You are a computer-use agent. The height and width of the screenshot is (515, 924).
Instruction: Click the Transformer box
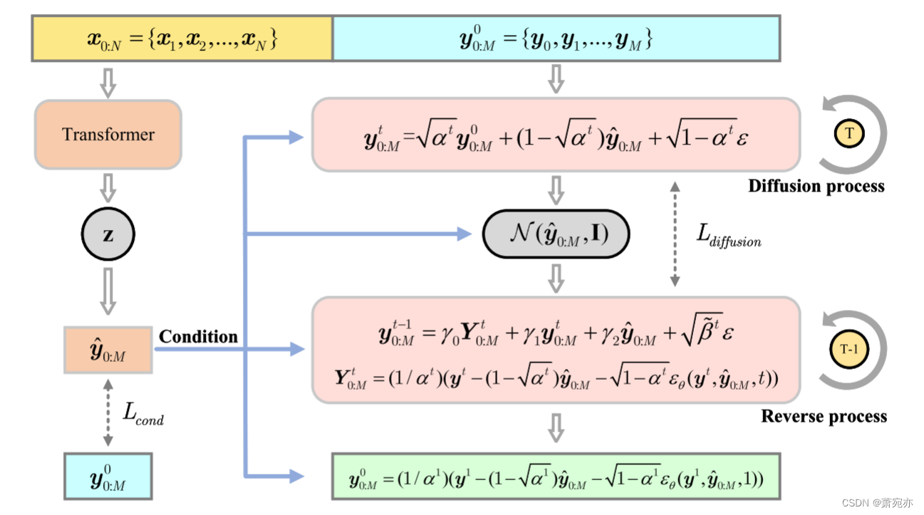click(108, 134)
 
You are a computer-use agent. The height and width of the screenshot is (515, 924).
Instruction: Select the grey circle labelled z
click(108, 234)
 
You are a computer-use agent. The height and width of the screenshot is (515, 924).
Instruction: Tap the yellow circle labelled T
click(848, 133)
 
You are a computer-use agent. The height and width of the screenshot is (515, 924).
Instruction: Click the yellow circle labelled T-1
click(848, 350)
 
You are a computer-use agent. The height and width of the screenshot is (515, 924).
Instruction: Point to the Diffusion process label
click(816, 187)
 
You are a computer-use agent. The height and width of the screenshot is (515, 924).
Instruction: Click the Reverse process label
click(824, 416)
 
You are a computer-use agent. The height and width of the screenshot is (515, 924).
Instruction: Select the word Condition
click(198, 336)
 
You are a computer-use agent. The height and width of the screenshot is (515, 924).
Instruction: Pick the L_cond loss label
click(143, 413)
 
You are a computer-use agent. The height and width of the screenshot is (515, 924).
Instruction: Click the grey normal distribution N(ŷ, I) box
click(556, 234)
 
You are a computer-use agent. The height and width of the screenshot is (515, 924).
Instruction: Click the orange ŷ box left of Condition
click(108, 350)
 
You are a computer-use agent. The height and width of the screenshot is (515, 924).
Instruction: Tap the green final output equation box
click(556, 475)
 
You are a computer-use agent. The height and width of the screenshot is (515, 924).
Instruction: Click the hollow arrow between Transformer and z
click(108, 187)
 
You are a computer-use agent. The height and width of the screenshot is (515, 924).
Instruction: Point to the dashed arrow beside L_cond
click(108, 412)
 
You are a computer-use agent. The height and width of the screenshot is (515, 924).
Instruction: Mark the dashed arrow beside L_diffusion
click(674, 234)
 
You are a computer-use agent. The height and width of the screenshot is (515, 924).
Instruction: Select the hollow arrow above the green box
click(556, 428)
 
